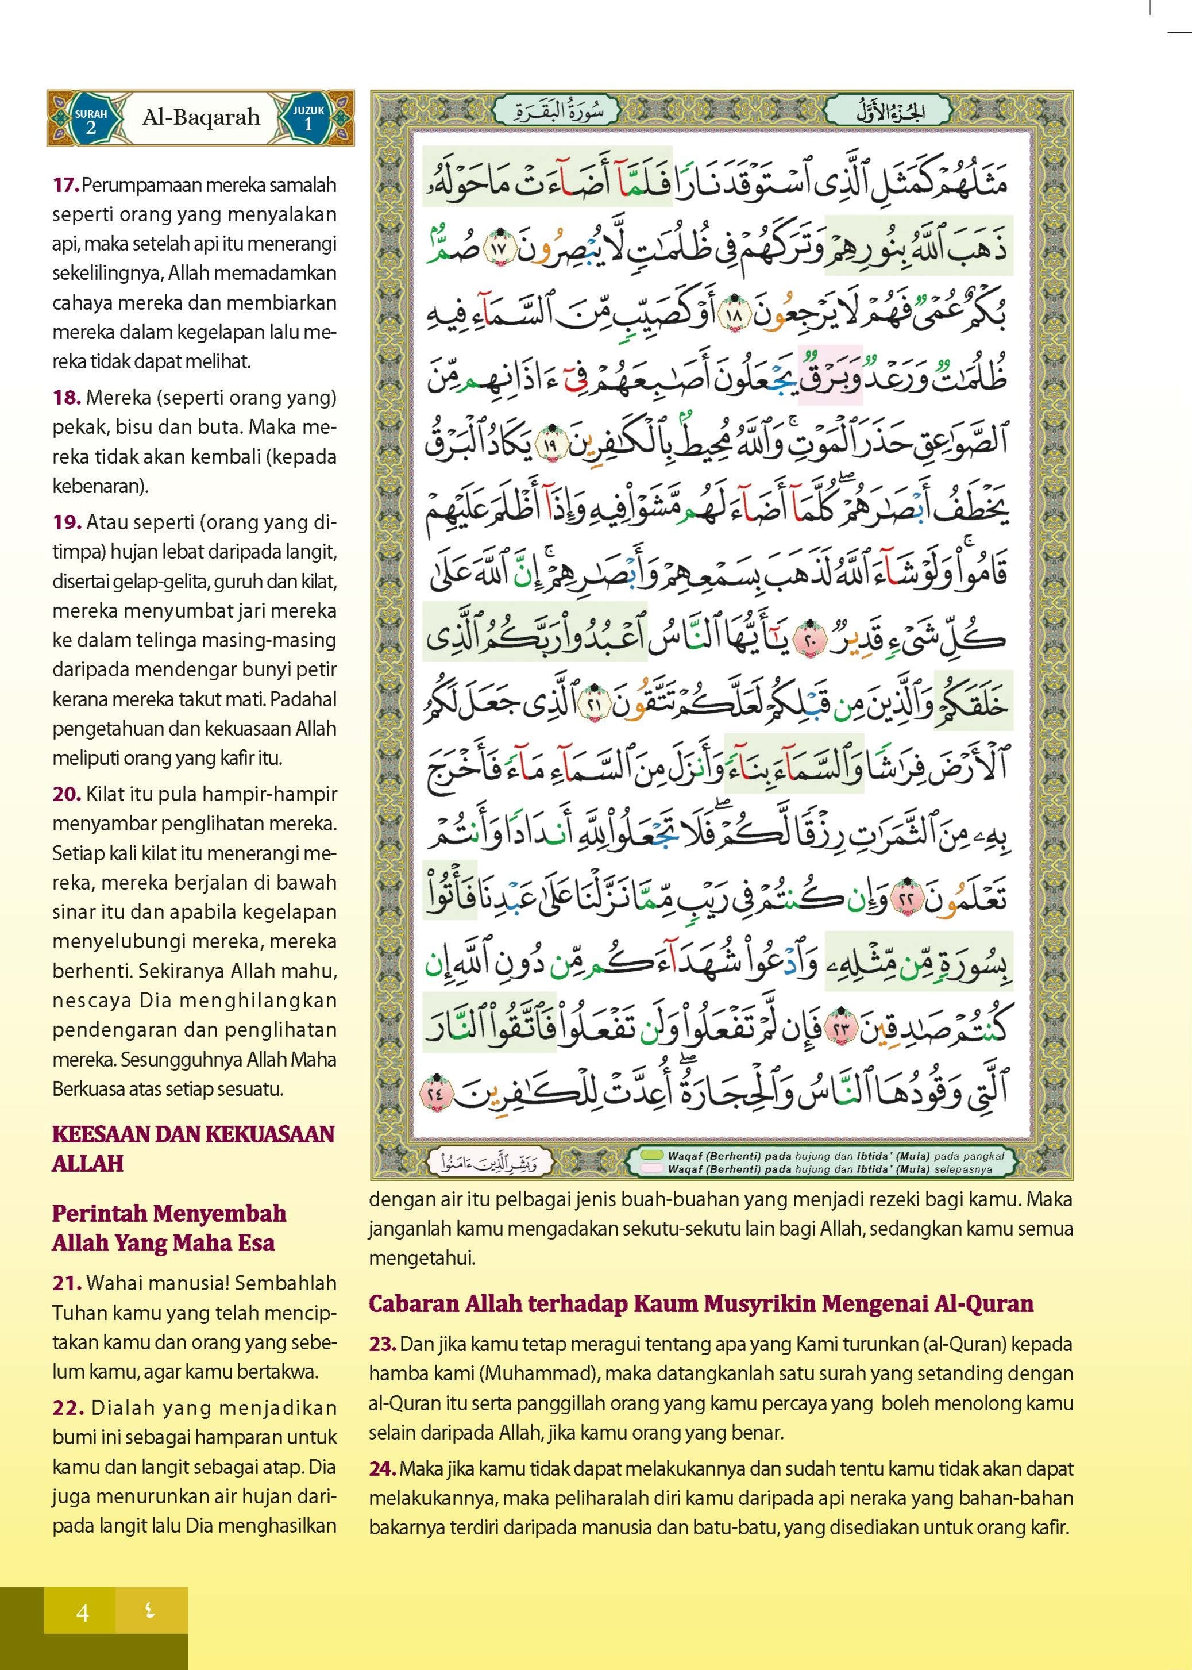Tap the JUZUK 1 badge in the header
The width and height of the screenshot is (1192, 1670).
click(x=308, y=119)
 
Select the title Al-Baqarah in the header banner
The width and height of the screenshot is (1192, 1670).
click(x=200, y=117)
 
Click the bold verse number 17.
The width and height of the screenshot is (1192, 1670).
click(x=65, y=185)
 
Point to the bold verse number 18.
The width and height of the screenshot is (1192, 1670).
click(x=66, y=398)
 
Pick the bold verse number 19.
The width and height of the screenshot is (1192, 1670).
click(x=66, y=522)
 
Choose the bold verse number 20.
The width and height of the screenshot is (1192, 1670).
click(x=66, y=794)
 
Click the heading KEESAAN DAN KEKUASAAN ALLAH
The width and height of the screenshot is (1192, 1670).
click(x=193, y=1149)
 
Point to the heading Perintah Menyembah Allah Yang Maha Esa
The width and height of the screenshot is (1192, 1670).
click(x=169, y=1228)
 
